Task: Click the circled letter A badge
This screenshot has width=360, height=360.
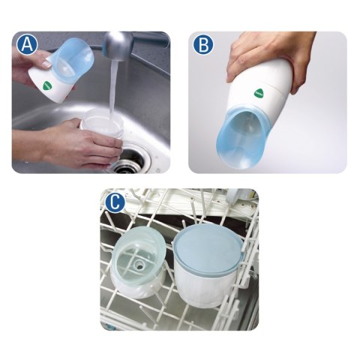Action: (27, 44)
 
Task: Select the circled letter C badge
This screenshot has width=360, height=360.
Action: (114, 200)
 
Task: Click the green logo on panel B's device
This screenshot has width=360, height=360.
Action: (258, 93)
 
